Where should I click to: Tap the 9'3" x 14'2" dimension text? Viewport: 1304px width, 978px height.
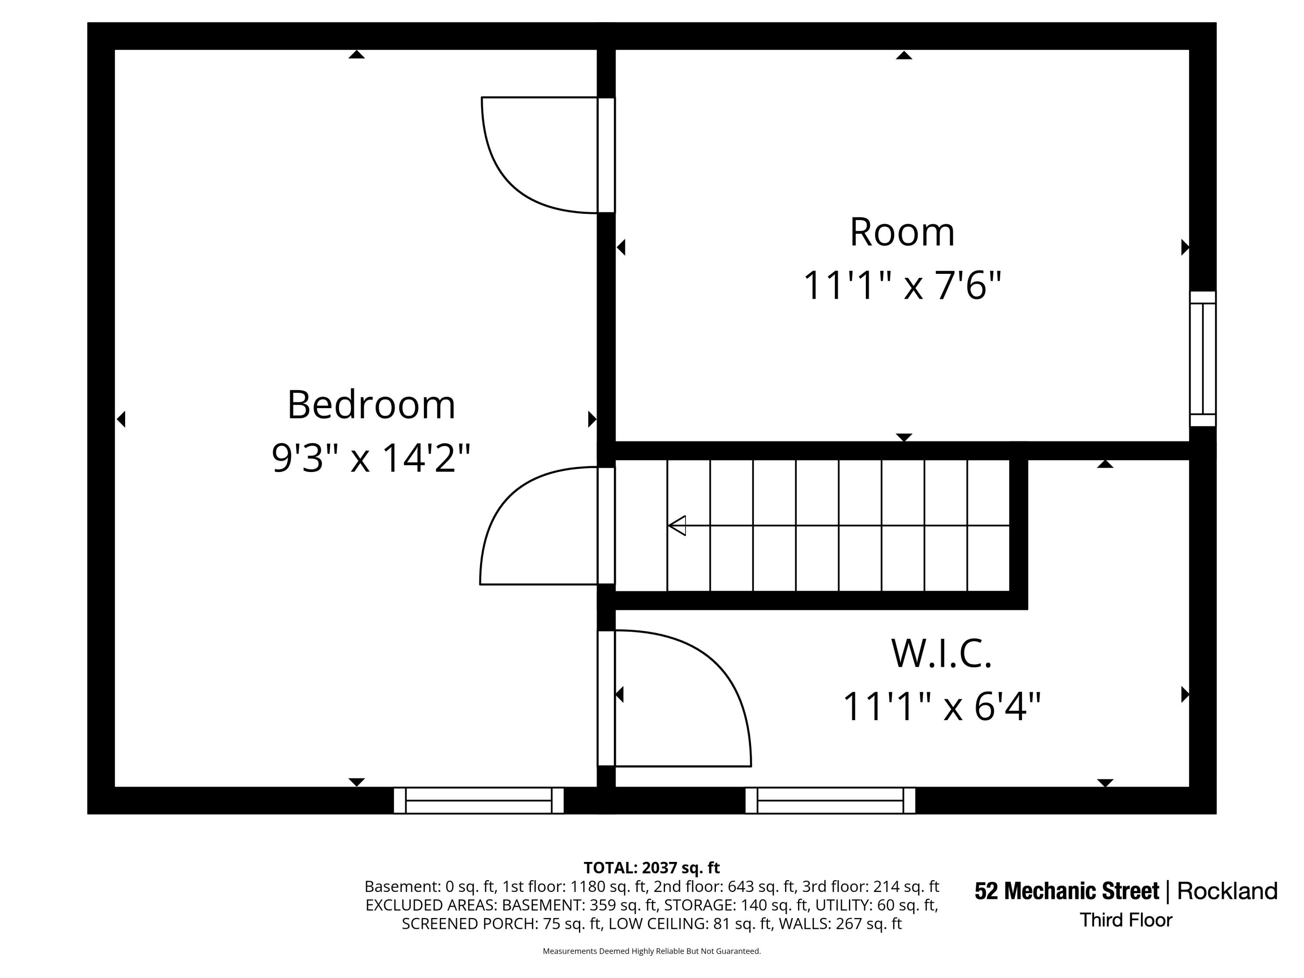coord(371,458)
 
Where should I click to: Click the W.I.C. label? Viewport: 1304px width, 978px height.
coord(941,653)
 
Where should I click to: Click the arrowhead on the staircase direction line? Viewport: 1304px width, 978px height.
coord(677,525)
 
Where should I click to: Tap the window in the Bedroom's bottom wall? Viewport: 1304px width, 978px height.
coord(479,801)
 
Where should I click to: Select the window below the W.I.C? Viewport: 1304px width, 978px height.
coord(830,801)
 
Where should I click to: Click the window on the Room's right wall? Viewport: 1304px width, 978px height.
coord(1203,359)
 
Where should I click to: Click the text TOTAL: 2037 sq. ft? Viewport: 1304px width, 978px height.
coord(652,868)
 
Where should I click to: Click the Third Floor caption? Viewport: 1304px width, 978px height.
coord(1126,920)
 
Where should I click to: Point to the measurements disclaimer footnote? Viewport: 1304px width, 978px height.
coord(652,951)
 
